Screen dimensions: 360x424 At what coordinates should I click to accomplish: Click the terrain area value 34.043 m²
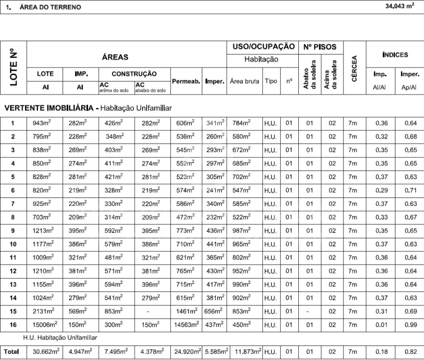tap(399, 6)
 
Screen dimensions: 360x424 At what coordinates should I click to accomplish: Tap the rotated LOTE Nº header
tap(14, 67)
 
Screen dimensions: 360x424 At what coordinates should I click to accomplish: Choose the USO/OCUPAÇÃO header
tap(263, 46)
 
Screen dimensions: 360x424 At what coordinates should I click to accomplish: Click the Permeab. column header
tap(186, 81)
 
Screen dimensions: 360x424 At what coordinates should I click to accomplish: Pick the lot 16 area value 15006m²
tap(45, 324)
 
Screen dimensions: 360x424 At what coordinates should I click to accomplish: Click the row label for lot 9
tap(13, 231)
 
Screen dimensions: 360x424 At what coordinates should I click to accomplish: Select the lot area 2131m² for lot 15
tap(44, 311)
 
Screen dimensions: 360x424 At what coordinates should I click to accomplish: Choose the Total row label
tap(13, 351)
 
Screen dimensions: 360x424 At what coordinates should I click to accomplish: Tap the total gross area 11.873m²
tap(246, 351)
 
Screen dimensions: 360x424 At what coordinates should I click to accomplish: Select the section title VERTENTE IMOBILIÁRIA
tap(50, 108)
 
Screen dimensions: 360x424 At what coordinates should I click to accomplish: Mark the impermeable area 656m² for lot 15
tap(214, 311)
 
